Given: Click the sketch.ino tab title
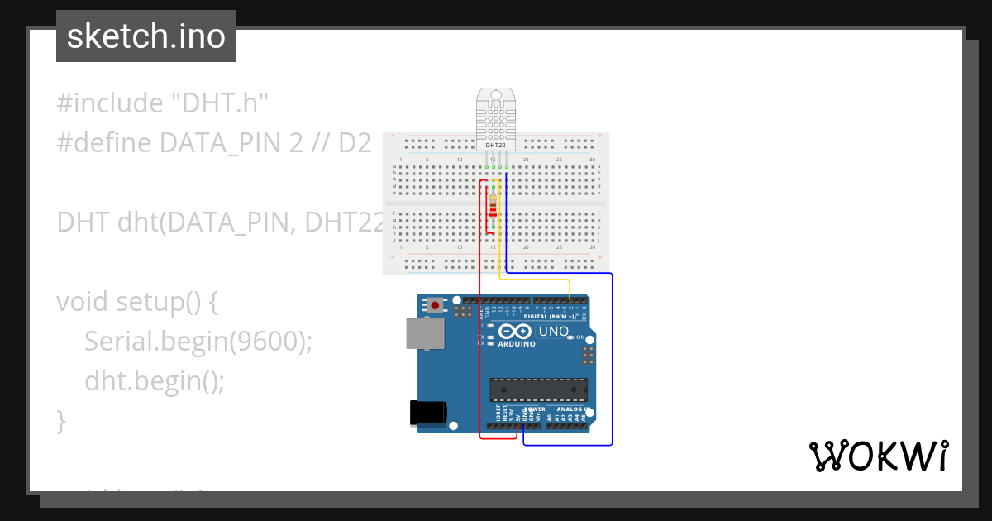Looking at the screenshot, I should coord(145,36).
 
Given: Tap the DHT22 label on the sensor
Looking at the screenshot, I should coord(495,145).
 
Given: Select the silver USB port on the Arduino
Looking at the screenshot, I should coord(425,333).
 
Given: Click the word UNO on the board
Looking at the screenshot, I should coord(554,332).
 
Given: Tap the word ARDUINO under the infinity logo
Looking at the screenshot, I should coord(517,343).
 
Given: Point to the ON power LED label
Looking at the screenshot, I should coord(580,337).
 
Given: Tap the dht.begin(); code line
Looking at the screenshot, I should coord(155,380).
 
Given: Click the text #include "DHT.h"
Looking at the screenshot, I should coord(163,103).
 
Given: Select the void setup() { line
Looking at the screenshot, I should coord(136,301).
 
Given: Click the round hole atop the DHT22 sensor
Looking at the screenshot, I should coord(495,96).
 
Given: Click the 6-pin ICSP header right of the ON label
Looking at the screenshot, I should coord(589,356).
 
